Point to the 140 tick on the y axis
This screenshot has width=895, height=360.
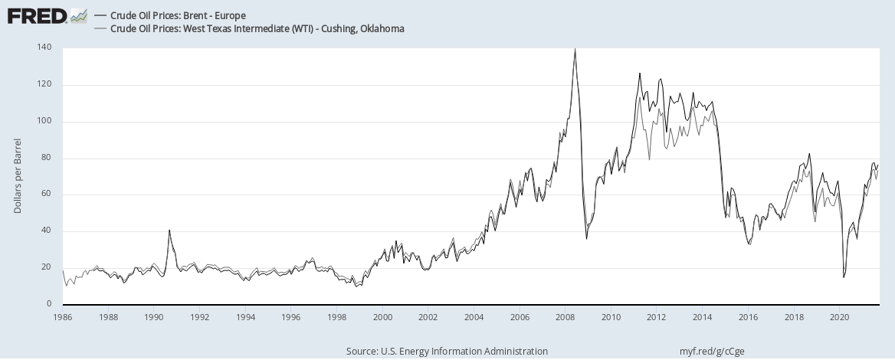click(x=44, y=47)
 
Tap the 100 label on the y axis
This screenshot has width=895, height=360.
click(x=44, y=121)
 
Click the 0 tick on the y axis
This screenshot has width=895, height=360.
click(x=48, y=305)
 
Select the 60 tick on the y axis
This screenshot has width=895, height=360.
click(x=46, y=195)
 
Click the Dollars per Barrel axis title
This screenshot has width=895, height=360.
click(x=18, y=176)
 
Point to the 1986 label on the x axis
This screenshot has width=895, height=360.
click(x=63, y=316)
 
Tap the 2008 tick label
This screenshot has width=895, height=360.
click(x=566, y=316)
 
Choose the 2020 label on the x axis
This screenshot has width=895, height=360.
click(x=840, y=316)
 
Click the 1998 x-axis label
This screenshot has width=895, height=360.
click(x=337, y=316)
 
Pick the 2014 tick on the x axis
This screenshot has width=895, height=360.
click(x=703, y=316)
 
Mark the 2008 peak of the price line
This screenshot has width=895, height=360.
click(x=575, y=49)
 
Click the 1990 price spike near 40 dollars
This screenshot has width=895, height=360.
click(x=169, y=231)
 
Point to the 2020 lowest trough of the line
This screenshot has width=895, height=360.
click(x=844, y=277)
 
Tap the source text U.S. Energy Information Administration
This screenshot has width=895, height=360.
click(x=447, y=351)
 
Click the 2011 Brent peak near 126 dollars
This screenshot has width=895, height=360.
click(x=639, y=74)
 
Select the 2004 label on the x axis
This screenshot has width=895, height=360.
click(x=474, y=316)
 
